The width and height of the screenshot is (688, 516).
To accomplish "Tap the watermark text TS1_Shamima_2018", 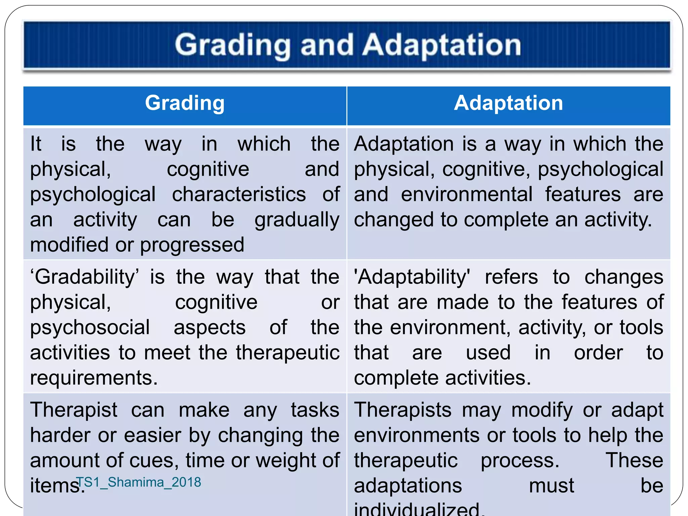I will [x=138, y=482].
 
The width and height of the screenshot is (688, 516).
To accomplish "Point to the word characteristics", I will [x=239, y=194].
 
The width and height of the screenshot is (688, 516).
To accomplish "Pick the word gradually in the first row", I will [x=297, y=220].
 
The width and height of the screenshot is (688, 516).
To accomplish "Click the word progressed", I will [x=192, y=245].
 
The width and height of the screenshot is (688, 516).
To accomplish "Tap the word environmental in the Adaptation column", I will [x=467, y=194].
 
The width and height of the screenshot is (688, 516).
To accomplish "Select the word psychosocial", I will [x=90, y=328].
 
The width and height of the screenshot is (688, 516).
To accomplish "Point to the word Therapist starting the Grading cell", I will [x=74, y=410].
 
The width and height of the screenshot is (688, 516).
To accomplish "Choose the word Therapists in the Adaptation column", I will [x=402, y=410].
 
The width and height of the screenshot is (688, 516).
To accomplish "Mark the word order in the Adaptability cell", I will [x=598, y=353].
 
